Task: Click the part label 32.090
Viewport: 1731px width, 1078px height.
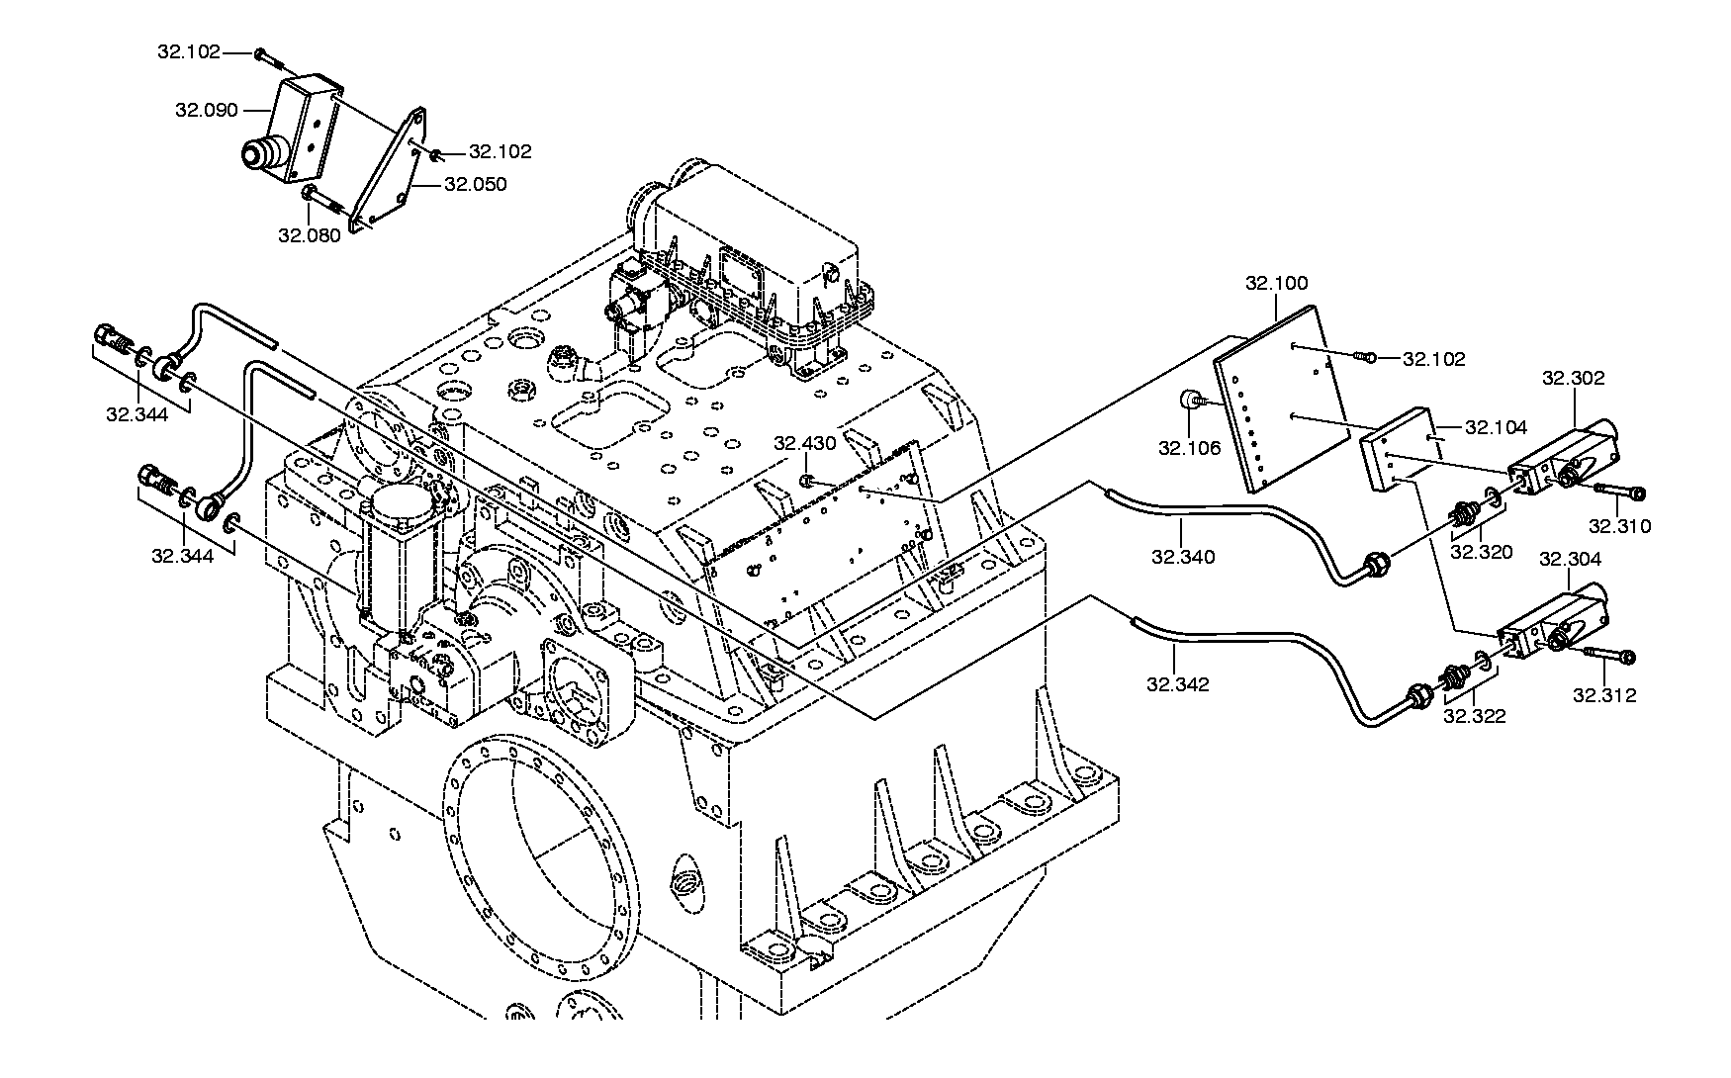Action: [x=207, y=110]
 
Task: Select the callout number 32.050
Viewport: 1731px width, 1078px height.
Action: [x=476, y=184]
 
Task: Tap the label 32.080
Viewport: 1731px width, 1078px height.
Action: [x=310, y=235]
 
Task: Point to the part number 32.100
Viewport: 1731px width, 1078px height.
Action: [x=1276, y=283]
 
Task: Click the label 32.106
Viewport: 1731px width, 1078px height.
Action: [x=1190, y=448]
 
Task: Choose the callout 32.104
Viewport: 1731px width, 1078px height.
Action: [x=1497, y=427]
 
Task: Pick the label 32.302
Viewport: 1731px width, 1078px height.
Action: [x=1574, y=378]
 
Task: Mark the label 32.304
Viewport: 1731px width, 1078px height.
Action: [x=1571, y=559]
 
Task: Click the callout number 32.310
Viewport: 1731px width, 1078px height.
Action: [x=1620, y=526]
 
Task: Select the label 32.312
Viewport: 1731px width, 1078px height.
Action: [x=1604, y=695]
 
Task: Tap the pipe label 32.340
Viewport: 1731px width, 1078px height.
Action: [x=1183, y=557]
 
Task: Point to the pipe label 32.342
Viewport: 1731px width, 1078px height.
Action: [x=1178, y=683]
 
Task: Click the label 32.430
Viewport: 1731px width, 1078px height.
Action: [x=805, y=443]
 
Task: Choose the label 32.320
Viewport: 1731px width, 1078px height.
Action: [x=1482, y=552]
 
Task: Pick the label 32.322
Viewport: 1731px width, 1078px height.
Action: [x=1475, y=716]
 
